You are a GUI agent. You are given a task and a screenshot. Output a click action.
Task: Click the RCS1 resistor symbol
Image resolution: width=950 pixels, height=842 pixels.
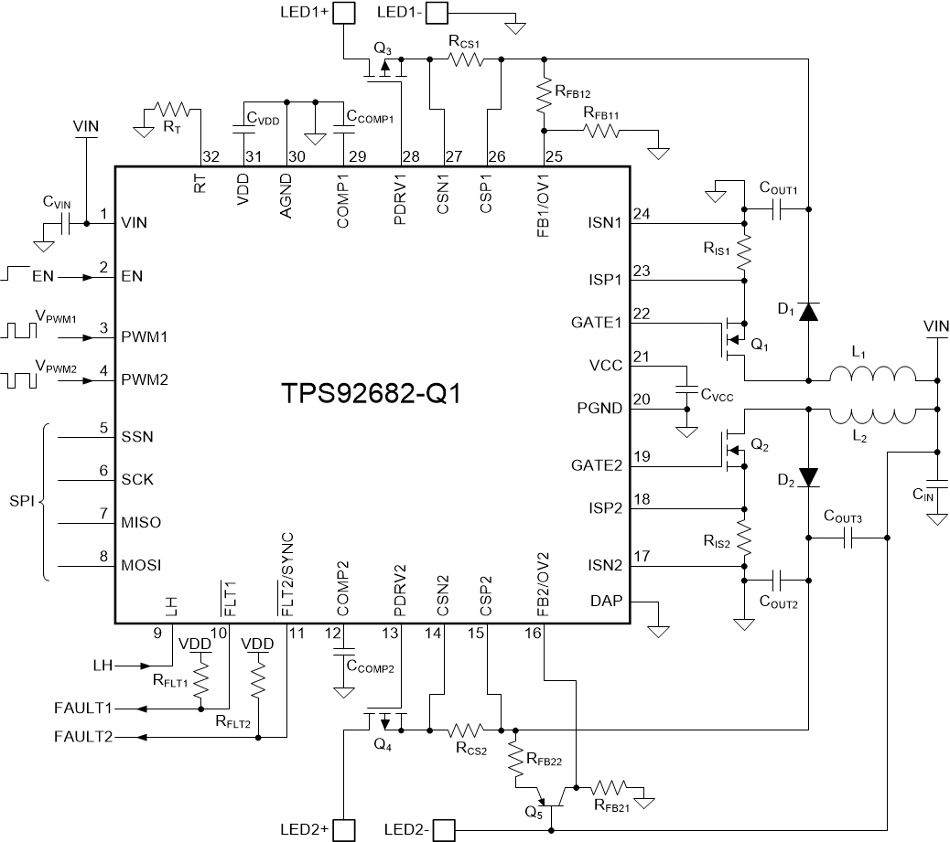point(466,59)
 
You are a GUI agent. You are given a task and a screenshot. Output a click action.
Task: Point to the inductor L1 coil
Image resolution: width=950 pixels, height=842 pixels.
point(872,378)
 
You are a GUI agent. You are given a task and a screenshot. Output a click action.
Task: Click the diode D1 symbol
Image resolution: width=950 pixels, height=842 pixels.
point(807,312)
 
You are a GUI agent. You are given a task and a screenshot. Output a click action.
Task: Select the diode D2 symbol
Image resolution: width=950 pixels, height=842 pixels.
point(807,477)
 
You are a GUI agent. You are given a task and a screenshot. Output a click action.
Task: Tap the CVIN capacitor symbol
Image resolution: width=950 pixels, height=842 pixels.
point(64,222)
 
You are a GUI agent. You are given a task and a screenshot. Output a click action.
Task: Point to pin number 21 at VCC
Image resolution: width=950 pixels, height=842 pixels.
point(641,356)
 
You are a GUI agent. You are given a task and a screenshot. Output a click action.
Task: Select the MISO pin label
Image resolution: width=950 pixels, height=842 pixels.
point(141,522)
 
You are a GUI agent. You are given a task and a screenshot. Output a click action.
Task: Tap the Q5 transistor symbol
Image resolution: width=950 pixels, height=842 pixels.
point(549,798)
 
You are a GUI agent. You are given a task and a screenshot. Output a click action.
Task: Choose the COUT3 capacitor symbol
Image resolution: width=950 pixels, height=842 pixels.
point(847,539)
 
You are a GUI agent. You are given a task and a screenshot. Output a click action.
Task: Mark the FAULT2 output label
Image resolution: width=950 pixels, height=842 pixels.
point(82,737)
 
